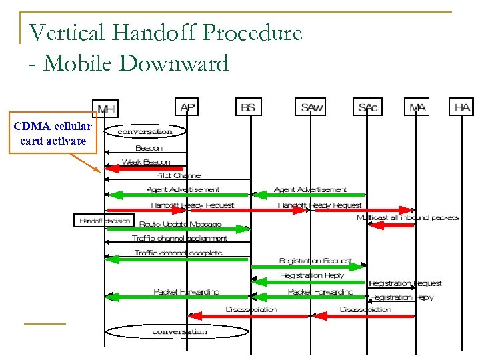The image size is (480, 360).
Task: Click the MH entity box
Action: [105, 108]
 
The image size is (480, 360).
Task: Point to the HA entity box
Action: [462, 107]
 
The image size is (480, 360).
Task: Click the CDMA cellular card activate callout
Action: [52, 133]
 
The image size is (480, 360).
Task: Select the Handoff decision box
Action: [103, 220]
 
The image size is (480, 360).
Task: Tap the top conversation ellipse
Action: [145, 131]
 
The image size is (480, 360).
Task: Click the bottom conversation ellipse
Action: [179, 331]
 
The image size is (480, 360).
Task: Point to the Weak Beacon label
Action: [146, 162]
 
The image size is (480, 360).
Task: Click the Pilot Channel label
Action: [179, 175]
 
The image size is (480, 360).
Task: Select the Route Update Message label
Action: [181, 225]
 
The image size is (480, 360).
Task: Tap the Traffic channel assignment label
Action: [179, 238]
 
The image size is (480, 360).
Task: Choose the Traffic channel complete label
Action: [178, 253]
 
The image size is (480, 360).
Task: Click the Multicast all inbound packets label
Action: [407, 218]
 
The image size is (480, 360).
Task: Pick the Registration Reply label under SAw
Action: [311, 275]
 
